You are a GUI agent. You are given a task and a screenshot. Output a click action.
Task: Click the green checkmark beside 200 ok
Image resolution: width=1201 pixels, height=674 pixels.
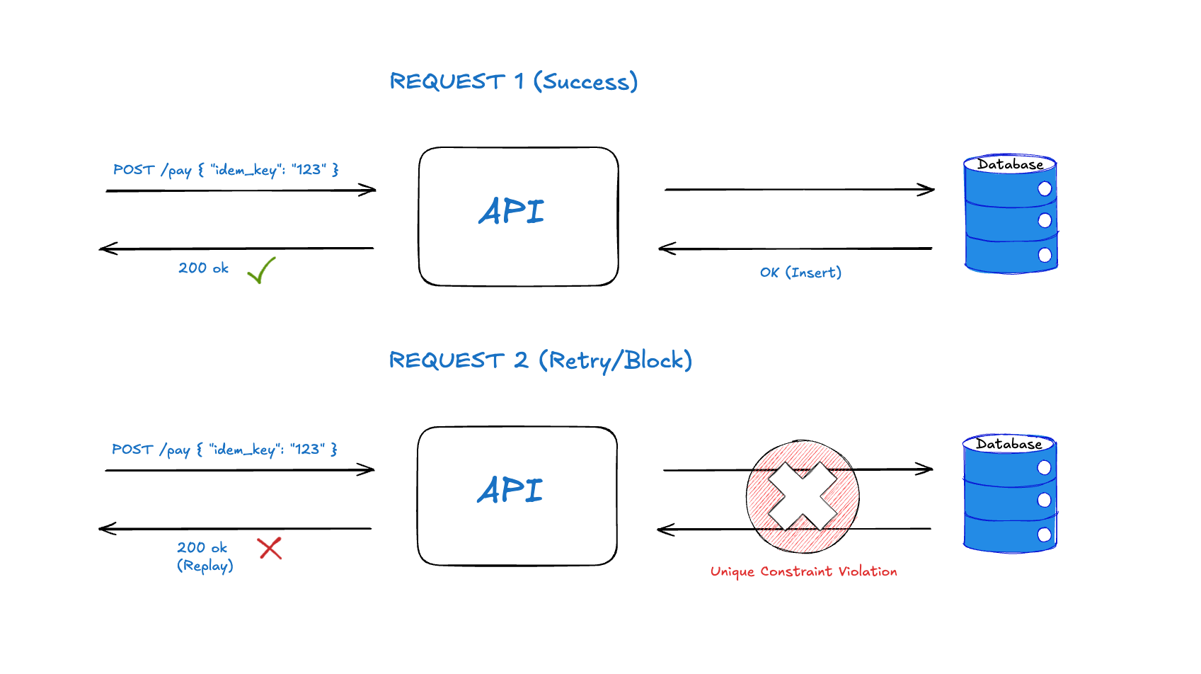coord(261,270)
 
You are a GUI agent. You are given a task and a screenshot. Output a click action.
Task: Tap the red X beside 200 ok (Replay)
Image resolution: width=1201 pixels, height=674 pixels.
coord(270,548)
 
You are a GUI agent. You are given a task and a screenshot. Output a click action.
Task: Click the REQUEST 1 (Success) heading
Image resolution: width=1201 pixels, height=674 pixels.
coord(514,81)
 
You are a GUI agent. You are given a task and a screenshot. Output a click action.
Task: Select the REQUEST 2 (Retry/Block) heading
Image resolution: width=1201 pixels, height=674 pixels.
coord(540,360)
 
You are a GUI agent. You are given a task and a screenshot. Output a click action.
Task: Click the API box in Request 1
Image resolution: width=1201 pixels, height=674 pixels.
coord(518,216)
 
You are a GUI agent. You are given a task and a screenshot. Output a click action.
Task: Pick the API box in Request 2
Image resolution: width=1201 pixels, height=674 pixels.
coord(517,495)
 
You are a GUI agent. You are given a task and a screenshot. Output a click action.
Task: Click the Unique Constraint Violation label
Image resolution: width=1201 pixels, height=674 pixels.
coord(803,571)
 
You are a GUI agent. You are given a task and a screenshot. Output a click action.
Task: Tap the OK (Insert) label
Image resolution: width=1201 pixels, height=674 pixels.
coord(800,273)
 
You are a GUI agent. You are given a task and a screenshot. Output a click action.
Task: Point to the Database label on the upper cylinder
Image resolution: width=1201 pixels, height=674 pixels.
coord(1010,164)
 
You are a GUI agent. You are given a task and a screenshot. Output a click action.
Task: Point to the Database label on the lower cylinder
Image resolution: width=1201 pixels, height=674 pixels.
coord(1009,444)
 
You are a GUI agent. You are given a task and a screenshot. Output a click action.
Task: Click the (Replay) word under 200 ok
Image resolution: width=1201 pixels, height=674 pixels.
coord(205,566)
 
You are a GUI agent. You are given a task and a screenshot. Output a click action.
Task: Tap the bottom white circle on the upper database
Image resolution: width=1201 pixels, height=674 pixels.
coord(1045,255)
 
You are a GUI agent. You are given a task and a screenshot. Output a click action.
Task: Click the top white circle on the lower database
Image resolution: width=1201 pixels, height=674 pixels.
coord(1044,467)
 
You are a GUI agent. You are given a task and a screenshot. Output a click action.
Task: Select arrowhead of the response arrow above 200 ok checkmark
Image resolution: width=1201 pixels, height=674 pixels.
coord(106,249)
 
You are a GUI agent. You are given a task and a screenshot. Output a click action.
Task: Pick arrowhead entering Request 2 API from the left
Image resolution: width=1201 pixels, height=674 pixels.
coord(368,470)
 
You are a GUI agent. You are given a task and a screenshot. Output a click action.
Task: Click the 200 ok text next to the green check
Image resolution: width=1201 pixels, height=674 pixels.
coord(203,268)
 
